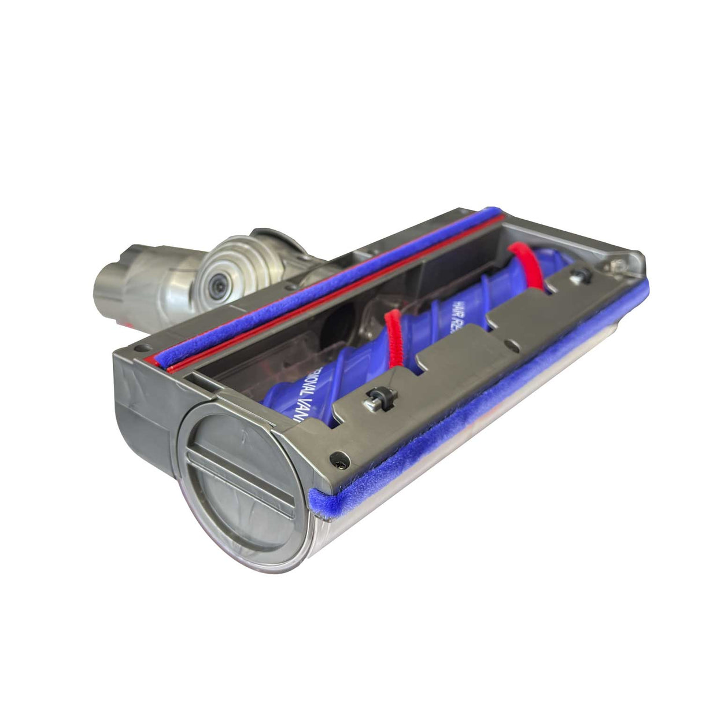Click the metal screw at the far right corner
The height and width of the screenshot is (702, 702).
[x=618, y=264]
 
